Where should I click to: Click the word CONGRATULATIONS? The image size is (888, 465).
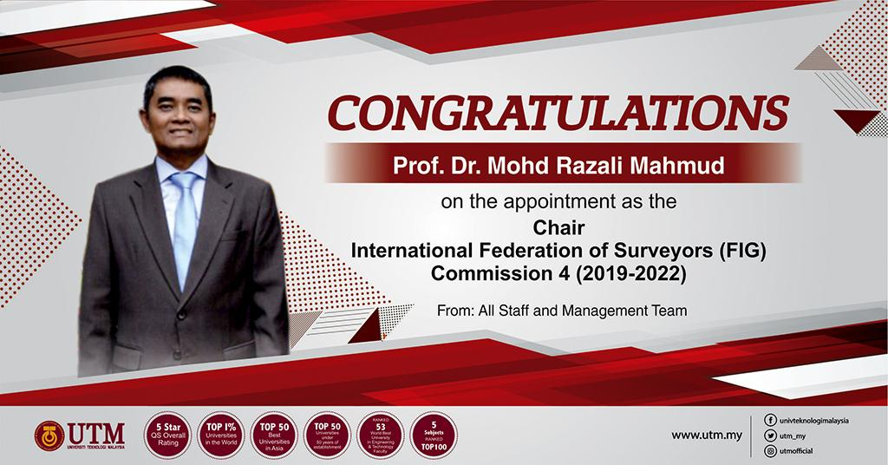[x=557, y=113]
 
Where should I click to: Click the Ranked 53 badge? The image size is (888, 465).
[x=382, y=434]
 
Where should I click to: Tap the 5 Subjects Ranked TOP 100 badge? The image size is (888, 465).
[x=434, y=434]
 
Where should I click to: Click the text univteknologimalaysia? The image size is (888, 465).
[x=813, y=420]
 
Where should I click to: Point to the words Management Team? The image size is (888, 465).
[x=630, y=308]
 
